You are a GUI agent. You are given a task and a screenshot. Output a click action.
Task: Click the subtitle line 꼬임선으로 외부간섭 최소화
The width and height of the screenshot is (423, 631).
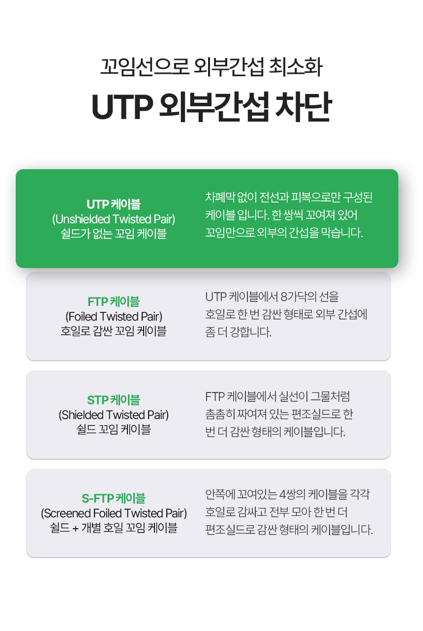pos(211,67)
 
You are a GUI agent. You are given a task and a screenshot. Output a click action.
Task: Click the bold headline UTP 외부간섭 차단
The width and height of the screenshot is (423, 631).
pos(211,107)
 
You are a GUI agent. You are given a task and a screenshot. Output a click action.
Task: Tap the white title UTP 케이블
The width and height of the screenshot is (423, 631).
pos(114,204)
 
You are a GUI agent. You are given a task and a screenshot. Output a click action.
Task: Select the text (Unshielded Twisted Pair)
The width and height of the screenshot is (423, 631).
pos(114,219)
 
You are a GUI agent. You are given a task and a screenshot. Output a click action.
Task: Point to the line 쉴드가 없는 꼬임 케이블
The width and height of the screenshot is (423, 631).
pos(114,234)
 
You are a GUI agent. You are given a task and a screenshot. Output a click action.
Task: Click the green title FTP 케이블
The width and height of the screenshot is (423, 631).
pos(114,301)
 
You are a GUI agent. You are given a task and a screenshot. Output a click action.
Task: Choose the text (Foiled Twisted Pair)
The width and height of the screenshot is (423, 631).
pos(114,317)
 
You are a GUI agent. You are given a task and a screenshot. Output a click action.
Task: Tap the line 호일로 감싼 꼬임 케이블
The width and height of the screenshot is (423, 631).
pos(114,331)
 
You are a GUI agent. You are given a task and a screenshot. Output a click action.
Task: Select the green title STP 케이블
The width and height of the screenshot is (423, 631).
pos(114,400)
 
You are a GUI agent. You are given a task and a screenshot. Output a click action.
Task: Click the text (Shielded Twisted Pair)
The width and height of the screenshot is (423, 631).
pos(114,415)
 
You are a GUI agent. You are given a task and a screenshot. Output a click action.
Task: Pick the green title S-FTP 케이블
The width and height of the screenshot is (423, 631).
pos(114,498)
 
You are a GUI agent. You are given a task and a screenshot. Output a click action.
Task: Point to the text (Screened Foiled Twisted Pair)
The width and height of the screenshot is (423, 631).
pos(114,513)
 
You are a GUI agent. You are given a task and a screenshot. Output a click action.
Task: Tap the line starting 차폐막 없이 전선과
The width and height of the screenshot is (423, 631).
pos(289,197)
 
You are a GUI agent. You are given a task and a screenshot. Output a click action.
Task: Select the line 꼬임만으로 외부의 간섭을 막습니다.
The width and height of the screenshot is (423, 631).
pos(284,233)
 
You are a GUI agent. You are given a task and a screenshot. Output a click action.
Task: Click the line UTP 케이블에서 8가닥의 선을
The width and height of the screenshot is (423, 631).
pos(272,297)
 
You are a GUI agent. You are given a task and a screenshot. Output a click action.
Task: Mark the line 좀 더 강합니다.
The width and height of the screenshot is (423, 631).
pos(238,332)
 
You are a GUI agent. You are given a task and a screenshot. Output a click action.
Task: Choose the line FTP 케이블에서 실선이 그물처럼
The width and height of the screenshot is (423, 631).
pos(277,396)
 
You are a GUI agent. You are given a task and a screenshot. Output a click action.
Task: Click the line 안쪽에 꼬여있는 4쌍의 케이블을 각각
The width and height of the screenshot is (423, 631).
pos(287,494)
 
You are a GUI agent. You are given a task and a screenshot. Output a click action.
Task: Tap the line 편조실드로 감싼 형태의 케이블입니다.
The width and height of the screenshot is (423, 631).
pos(289,530)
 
